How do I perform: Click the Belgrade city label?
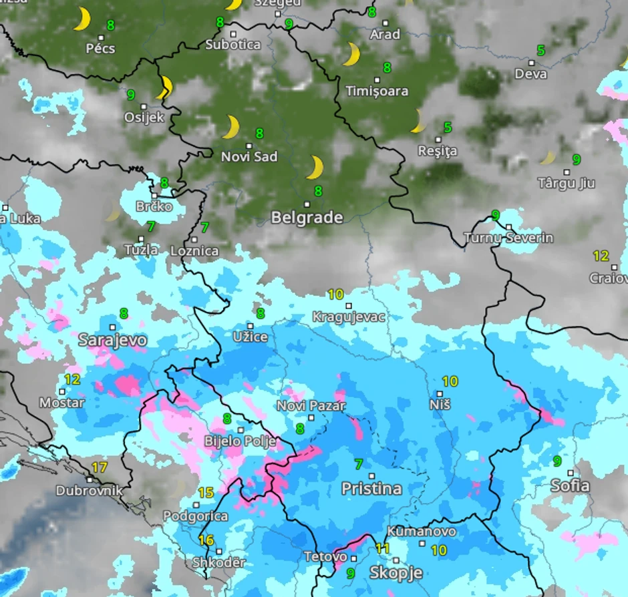[x=307, y=218]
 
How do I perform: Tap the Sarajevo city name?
[x=112, y=340]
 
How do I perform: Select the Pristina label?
[x=371, y=489]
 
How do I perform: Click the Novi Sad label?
[x=249, y=157]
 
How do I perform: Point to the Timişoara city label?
[x=377, y=91]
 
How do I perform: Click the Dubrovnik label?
[x=89, y=491]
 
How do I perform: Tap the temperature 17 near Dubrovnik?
[x=99, y=467]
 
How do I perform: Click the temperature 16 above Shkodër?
[x=206, y=540]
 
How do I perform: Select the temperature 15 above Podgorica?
[x=206, y=493]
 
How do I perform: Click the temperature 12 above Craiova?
[x=601, y=256]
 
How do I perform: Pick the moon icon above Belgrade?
[x=315, y=168]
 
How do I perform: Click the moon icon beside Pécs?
[x=82, y=19]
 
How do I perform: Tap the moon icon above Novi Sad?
[x=231, y=127]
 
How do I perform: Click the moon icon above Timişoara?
[x=351, y=55]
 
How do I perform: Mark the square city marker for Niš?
[x=440, y=394]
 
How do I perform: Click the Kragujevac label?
[x=349, y=317]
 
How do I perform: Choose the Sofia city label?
[x=570, y=485]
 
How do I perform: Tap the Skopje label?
[x=396, y=573]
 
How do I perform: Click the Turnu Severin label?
[x=508, y=238]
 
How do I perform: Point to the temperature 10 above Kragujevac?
[x=335, y=294]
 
